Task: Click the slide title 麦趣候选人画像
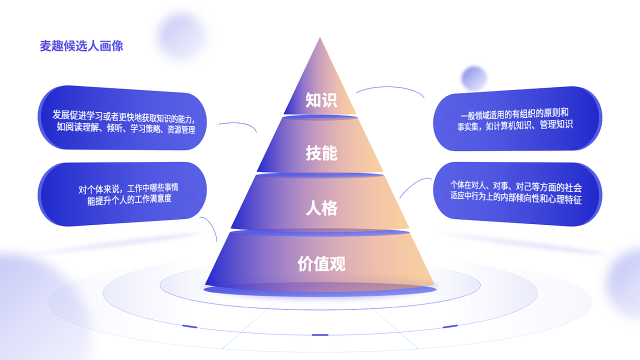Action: (81, 46)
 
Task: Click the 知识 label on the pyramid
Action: (321, 100)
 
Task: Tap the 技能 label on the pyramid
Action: (321, 153)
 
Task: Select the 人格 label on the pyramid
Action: (321, 208)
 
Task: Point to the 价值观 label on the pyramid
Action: (321, 263)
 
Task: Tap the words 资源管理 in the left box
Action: (181, 129)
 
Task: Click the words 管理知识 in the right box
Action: (556, 124)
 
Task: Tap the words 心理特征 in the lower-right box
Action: (565, 199)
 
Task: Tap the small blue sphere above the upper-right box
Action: (474, 78)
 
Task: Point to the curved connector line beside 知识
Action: (390, 88)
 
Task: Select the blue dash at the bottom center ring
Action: (320, 334)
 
